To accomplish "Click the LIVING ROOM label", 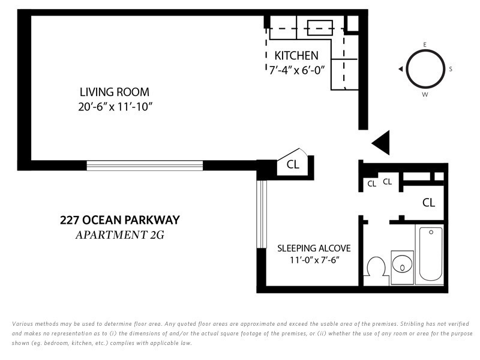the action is (x=115, y=92).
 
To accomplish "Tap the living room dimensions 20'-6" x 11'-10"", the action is (x=115, y=107).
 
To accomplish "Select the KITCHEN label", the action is (x=296, y=55).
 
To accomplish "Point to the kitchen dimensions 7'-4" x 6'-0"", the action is (x=296, y=70).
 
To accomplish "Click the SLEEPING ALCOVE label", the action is (x=314, y=248).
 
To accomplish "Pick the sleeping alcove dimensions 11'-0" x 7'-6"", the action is (x=314, y=260).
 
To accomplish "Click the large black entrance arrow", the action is (x=381, y=143).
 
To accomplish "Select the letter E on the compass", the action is (x=425, y=44).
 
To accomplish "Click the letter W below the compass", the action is (x=425, y=95).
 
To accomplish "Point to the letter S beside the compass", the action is (x=451, y=69).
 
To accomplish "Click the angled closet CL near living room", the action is (x=293, y=164).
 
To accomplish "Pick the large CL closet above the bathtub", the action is (x=428, y=202).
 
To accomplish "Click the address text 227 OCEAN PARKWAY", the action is (x=120, y=220).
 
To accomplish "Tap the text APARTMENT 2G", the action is (x=120, y=235).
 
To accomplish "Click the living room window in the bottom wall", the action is (x=145, y=166).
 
